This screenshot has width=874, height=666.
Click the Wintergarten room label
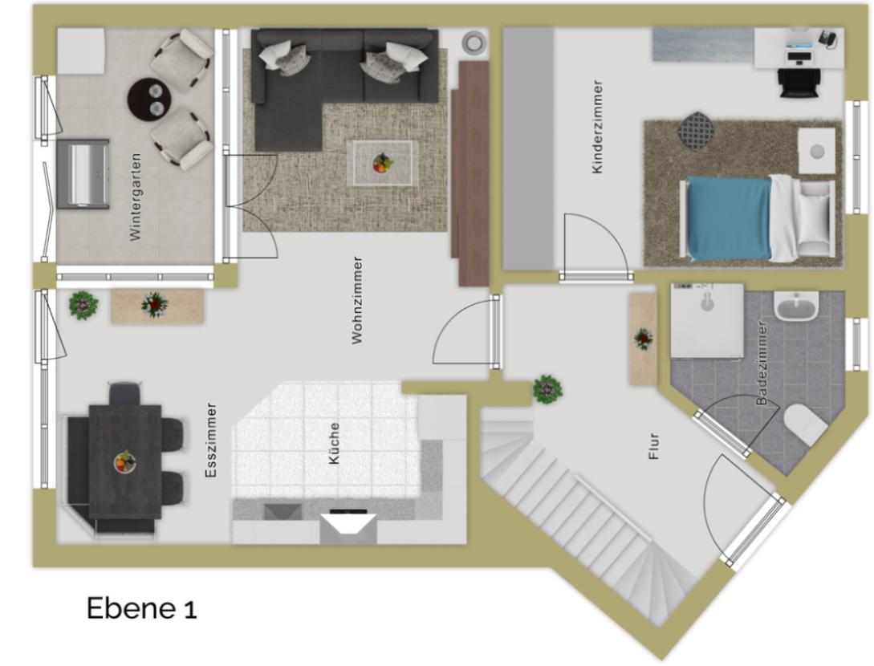click(135, 197)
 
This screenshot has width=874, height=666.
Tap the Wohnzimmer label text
click(357, 300)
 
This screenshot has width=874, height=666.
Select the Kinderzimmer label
click(597, 127)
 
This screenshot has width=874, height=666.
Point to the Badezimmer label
click(762, 363)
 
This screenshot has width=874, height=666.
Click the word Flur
click(654, 446)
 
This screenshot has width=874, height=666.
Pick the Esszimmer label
click(211, 441)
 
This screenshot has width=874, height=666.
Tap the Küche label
click(334, 444)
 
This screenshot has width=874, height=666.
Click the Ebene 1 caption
click(141, 608)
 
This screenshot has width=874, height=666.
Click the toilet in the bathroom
click(806, 424)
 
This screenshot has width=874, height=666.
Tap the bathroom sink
click(796, 307)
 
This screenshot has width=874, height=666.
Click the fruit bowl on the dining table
click(125, 461)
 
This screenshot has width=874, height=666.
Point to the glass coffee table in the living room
click(382, 164)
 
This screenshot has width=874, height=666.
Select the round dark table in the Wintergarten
click(151, 99)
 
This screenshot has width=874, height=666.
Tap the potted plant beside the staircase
click(547, 389)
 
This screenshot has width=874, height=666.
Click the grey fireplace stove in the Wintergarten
click(83, 174)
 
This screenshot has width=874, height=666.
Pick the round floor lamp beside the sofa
click(474, 42)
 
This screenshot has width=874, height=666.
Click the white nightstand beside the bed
click(816, 151)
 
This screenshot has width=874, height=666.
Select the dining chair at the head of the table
click(125, 393)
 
